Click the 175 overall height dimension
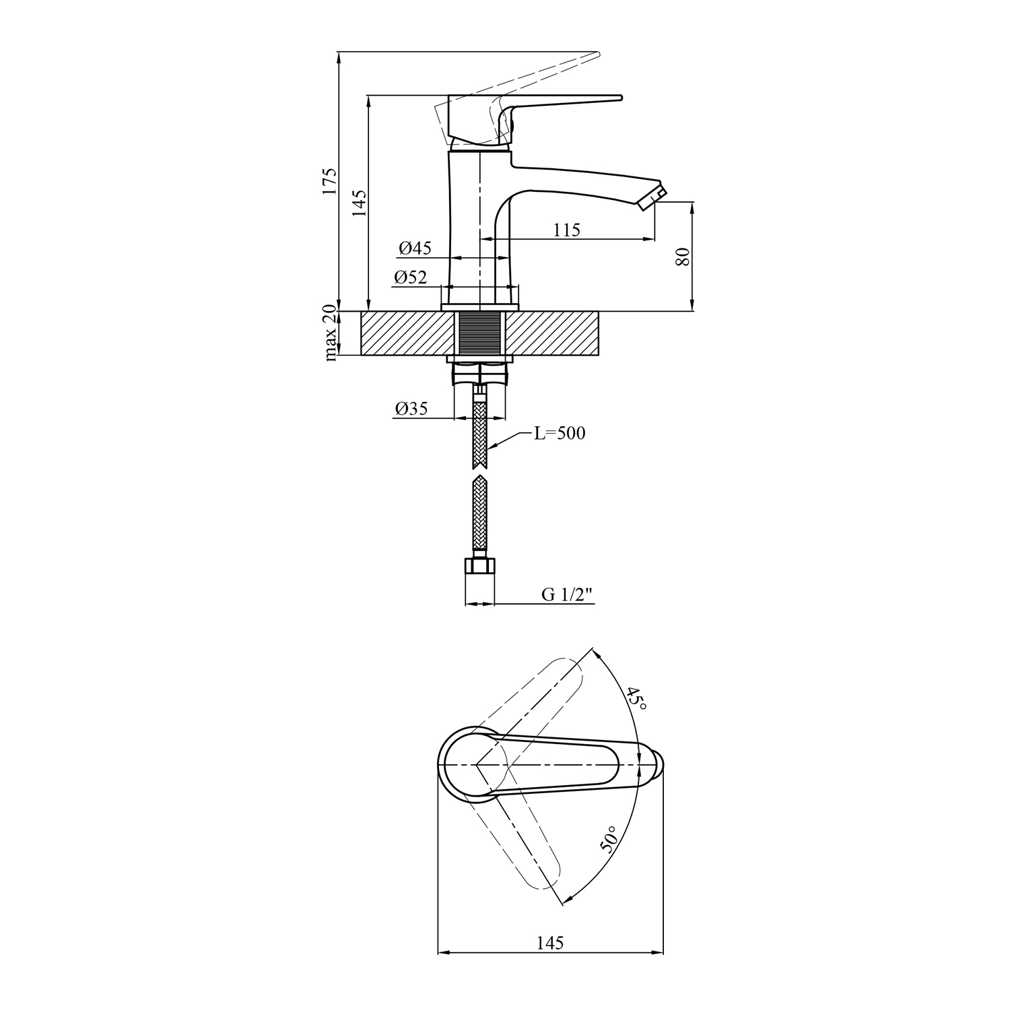(x=329, y=180)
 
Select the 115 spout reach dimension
(x=567, y=230)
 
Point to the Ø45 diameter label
(x=415, y=248)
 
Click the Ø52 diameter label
(x=411, y=277)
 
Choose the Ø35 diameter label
(x=411, y=409)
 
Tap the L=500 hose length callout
(x=560, y=433)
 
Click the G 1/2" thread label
(x=566, y=595)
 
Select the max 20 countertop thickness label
(x=330, y=333)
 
